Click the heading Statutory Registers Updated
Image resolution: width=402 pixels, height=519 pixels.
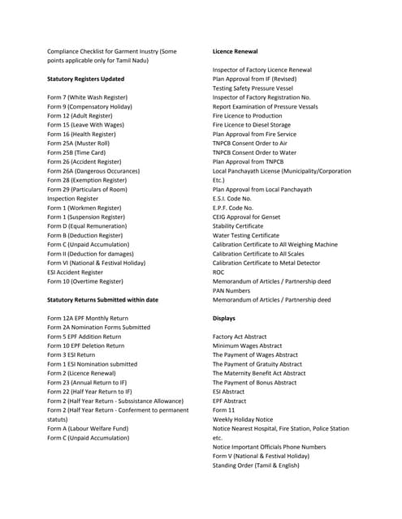tap(85, 79)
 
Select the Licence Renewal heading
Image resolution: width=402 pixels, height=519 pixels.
tap(235, 51)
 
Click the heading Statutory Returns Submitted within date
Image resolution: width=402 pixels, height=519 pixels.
tap(103, 299)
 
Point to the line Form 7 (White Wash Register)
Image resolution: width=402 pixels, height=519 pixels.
tap(87, 97)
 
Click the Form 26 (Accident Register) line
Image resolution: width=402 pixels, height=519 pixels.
tap(85, 161)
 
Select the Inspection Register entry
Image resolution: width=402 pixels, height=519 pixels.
tap(72, 198)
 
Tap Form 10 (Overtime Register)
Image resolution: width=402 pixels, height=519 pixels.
tap(85, 281)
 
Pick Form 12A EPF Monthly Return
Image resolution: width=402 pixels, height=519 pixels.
tap(88, 318)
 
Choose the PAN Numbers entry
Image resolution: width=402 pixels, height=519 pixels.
tap(231, 290)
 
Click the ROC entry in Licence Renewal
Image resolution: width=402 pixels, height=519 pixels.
tap(219, 272)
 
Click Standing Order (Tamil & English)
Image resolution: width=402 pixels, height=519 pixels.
tap(261, 465)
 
